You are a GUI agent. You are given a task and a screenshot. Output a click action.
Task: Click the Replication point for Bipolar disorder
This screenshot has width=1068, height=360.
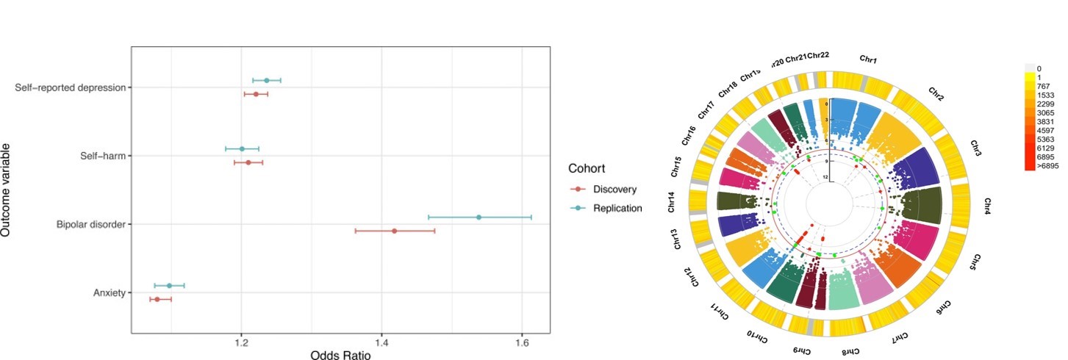tap(479, 217)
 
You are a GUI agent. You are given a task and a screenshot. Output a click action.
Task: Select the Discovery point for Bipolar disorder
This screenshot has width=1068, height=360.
tap(394, 231)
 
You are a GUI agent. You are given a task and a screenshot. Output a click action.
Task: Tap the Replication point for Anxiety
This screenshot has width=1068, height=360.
tap(169, 285)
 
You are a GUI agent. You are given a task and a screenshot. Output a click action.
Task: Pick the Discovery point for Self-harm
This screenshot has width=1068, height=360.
tap(248, 162)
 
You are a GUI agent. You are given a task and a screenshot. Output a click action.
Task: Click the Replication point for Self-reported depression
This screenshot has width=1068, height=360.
tap(266, 80)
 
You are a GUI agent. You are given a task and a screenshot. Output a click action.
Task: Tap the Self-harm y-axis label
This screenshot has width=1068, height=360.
tap(103, 156)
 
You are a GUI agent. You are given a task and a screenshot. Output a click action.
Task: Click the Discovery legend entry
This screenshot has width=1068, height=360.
tap(614, 190)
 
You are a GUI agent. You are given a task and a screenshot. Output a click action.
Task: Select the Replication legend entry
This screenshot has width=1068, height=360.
tap(617, 208)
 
